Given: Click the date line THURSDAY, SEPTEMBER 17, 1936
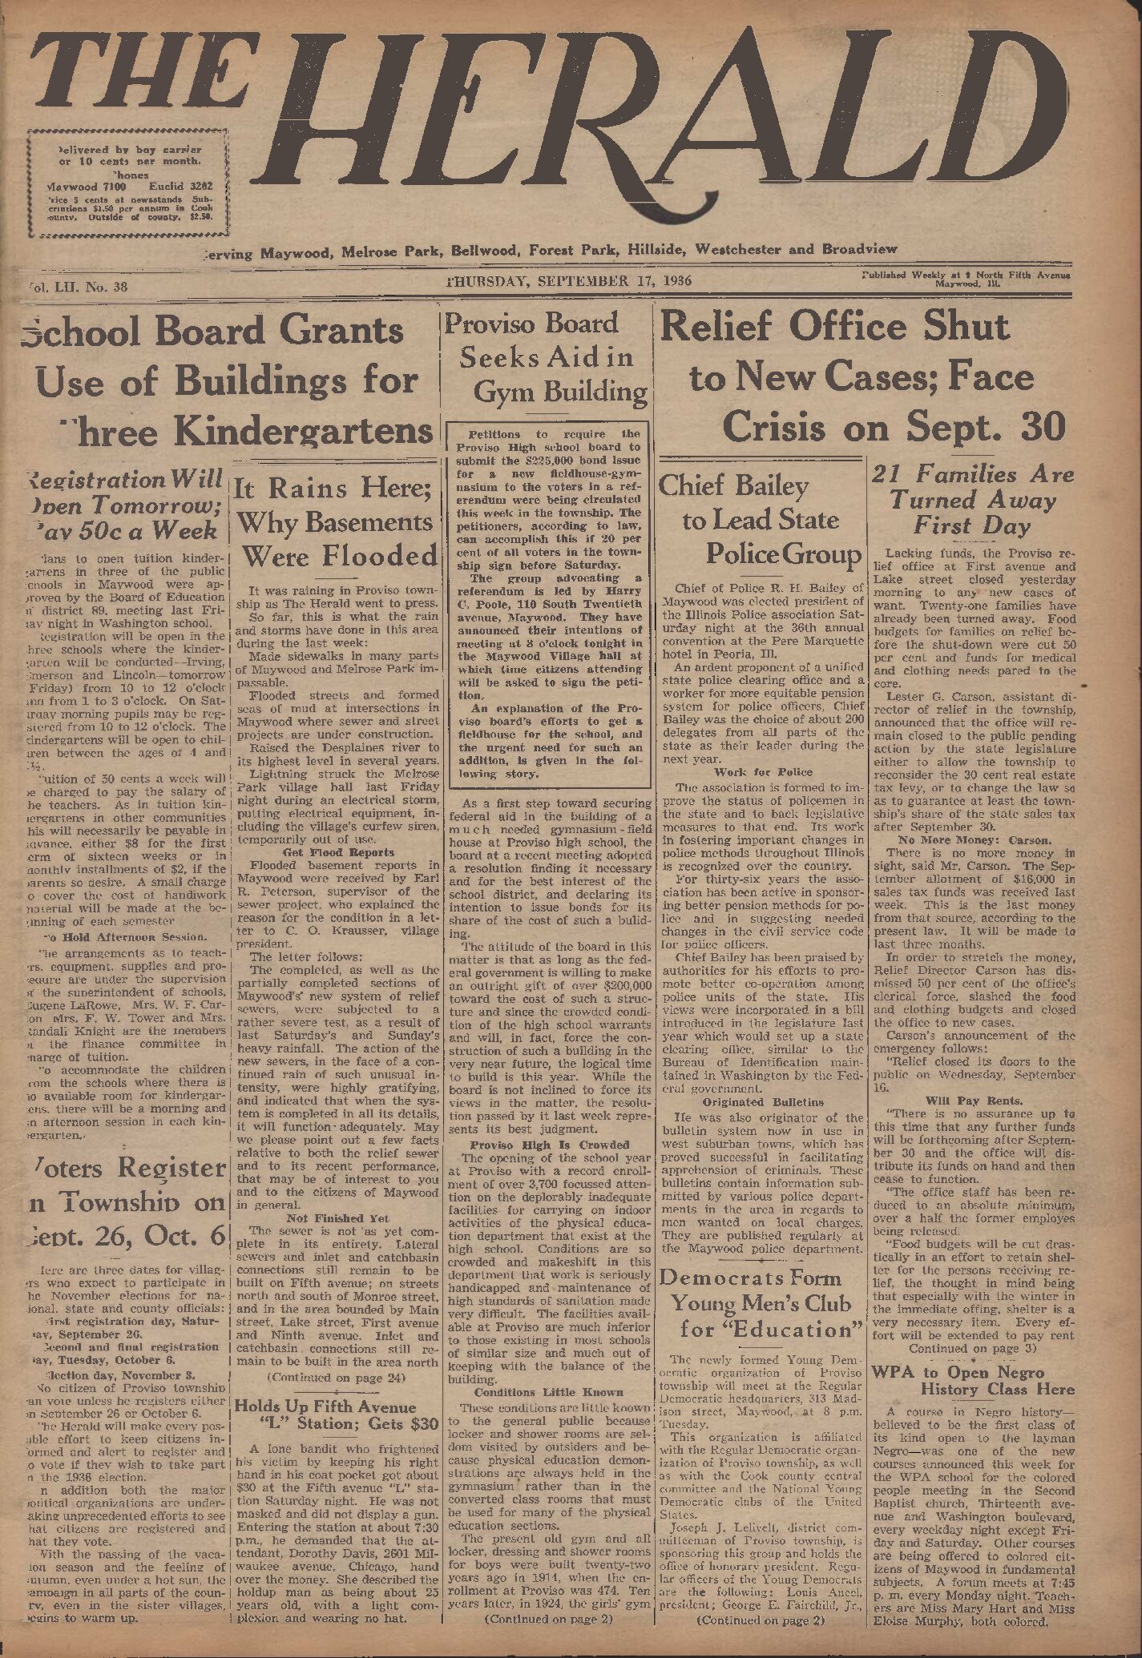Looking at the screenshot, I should [x=568, y=281].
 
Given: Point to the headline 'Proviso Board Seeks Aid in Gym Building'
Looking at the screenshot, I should [x=546, y=358].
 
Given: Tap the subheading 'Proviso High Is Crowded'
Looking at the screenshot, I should [x=548, y=1144].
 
